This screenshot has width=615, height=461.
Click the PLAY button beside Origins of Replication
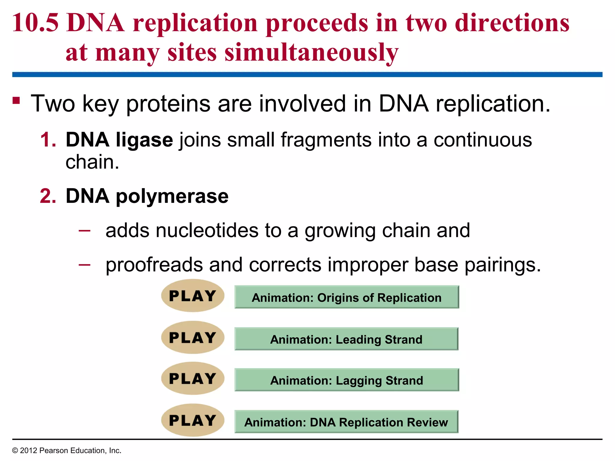pos(192,296)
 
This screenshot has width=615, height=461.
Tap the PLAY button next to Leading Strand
pos(192,337)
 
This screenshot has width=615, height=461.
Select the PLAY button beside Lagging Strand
pos(192,378)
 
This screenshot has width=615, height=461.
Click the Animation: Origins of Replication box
pos(347,297)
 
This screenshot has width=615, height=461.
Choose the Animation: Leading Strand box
pos(346,339)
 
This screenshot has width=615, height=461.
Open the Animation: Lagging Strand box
pos(347,380)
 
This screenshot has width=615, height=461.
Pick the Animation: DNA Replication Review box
pos(346,422)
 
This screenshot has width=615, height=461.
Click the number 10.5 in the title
pos(35,23)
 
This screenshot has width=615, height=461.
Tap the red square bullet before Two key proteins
pos(16,100)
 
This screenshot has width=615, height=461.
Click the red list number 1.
pos(48,140)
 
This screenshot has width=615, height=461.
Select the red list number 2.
pos(48,196)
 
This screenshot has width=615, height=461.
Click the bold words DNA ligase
pos(119,140)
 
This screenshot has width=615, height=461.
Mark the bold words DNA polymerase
pos(147,196)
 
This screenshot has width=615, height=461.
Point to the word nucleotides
pos(207,230)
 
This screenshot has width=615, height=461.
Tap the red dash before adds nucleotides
pos(84,230)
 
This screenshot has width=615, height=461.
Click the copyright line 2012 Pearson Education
pos(67,450)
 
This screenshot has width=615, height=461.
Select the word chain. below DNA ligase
pos(92,162)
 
